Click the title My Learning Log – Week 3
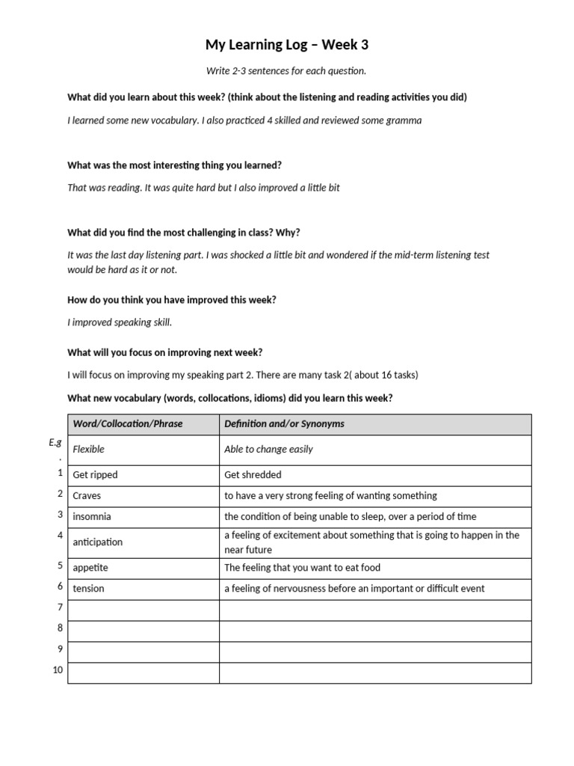[x=287, y=46]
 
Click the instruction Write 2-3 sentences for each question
[x=287, y=71]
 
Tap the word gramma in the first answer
[x=404, y=120]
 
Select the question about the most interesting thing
[x=175, y=165]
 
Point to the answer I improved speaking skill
[x=120, y=322]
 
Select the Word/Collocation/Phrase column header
[x=128, y=424]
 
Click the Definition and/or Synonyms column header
[x=285, y=424]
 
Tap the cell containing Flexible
[x=89, y=450]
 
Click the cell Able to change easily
[x=268, y=450]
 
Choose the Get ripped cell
[x=95, y=475]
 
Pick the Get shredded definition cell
[x=253, y=475]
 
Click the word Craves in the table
[x=87, y=496]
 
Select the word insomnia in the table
[x=92, y=517]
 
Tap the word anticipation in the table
[x=98, y=542]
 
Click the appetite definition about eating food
[x=302, y=568]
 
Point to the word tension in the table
[x=89, y=589]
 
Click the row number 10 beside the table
[x=58, y=670]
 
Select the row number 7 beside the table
[x=60, y=607]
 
